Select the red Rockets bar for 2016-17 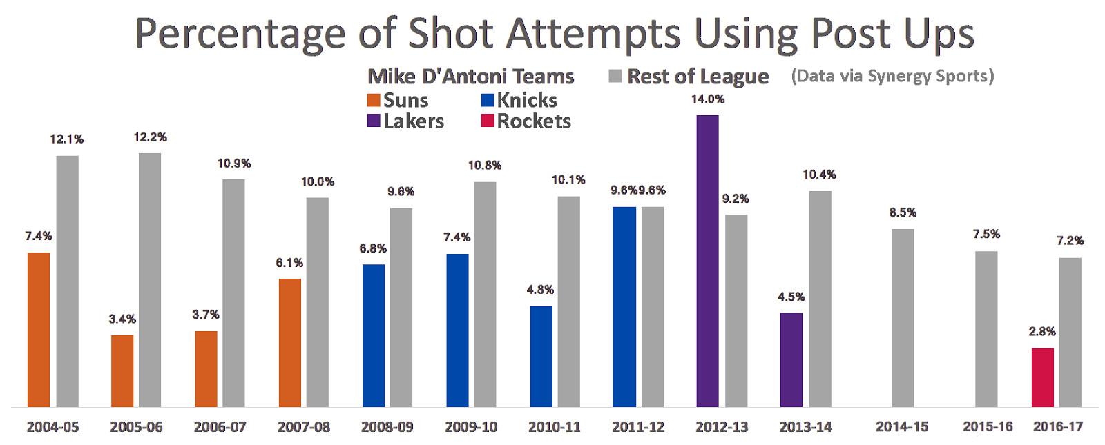1042,377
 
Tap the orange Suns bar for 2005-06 122,370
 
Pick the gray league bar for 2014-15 902,317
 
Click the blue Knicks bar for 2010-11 541,356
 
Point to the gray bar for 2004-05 67,281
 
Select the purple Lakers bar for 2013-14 791,359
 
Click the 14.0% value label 707,99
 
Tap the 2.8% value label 1042,332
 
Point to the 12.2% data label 151,137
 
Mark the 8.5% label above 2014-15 903,212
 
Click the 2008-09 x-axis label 387,427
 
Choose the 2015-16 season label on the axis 988,427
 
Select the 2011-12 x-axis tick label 638,427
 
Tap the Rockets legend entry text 534,121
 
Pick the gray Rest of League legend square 615,76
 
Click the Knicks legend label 527,100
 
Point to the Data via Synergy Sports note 892,75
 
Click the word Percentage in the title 238,32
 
